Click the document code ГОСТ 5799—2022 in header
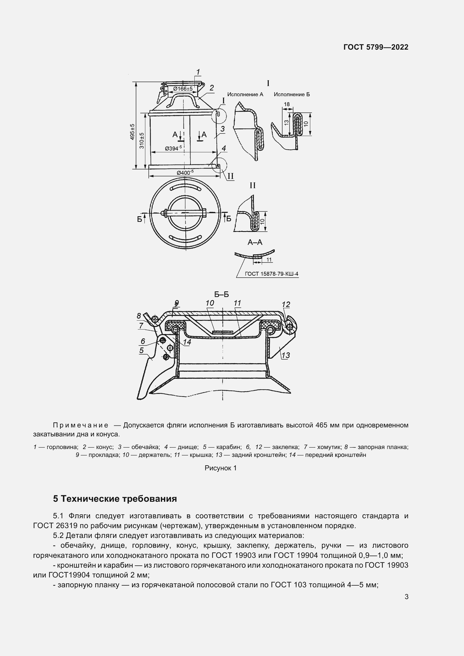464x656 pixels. [x=376, y=47]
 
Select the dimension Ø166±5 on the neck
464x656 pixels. [x=183, y=89]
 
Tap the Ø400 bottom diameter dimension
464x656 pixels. [x=185, y=172]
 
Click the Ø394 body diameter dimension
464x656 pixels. [x=173, y=148]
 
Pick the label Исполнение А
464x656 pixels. [x=245, y=94]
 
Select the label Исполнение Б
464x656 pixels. [x=292, y=94]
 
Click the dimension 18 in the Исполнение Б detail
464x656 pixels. [x=287, y=104]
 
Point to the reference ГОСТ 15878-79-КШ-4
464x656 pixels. [x=272, y=274]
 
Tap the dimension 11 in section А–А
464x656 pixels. [x=269, y=260]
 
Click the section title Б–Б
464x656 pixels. [x=221, y=294]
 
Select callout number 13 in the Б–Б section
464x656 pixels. [x=285, y=355]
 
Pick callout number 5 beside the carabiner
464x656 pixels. [x=141, y=350]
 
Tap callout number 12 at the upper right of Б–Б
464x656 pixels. [x=286, y=305]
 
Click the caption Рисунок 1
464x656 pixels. [x=220, y=468]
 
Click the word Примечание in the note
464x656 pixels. [x=81, y=425]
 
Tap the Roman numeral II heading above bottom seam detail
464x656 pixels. [x=252, y=185]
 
